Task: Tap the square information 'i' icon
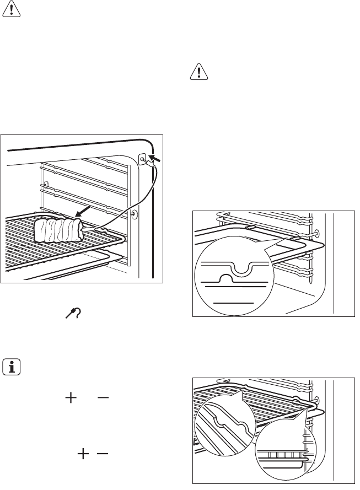[10, 367]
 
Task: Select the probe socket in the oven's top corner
[143, 160]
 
